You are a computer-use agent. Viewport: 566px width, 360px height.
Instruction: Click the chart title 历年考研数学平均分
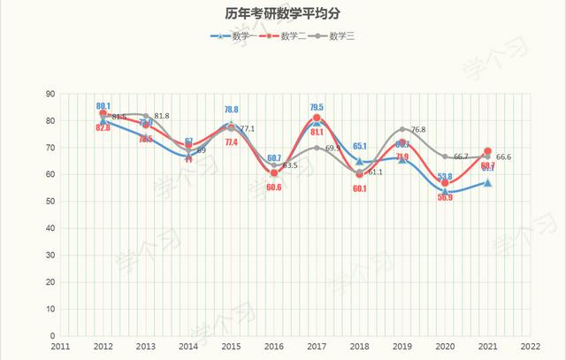click(x=282, y=14)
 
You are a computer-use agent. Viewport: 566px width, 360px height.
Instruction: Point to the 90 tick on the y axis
click(x=50, y=94)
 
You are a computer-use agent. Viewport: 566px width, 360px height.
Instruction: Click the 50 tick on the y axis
click(x=50, y=202)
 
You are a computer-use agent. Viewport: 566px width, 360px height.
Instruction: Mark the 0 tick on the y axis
click(x=53, y=336)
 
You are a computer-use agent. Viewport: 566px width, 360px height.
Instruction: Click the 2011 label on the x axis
click(x=60, y=348)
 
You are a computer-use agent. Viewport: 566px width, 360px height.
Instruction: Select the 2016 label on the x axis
click(x=274, y=348)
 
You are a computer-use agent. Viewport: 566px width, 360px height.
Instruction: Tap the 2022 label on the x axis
click(x=531, y=348)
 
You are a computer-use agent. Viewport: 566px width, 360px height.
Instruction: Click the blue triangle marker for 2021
click(x=487, y=183)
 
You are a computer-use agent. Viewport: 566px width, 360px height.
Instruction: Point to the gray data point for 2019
click(x=402, y=130)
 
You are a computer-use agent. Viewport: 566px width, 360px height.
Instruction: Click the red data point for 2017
click(x=317, y=119)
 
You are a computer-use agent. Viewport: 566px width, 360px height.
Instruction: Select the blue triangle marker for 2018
click(x=359, y=162)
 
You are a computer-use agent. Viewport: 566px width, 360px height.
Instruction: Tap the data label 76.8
click(x=417, y=130)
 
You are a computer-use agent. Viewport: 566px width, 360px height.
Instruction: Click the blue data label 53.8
click(x=445, y=177)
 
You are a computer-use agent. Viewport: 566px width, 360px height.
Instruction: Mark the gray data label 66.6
click(x=503, y=157)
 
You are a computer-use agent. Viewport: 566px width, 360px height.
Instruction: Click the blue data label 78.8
click(x=231, y=110)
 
